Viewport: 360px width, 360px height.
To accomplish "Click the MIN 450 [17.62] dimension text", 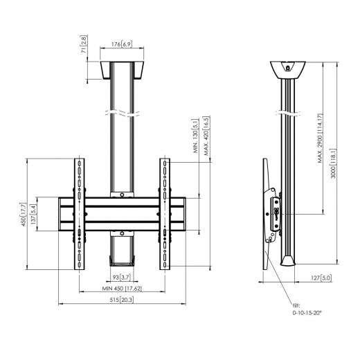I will pos(122,288).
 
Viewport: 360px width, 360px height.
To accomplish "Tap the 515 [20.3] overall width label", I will pos(122,300).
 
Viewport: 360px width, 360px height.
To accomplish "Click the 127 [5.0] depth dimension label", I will pos(307,277).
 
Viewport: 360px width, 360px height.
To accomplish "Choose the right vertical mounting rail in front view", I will pos(165,215).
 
